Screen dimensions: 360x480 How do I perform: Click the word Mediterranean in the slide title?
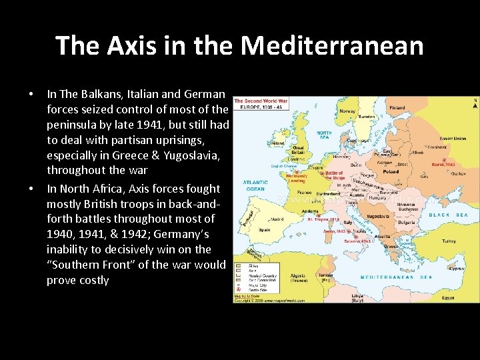pos(332,46)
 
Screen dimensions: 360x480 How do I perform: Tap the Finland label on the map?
pos(397,107)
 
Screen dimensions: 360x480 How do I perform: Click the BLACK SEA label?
pos(448,215)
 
